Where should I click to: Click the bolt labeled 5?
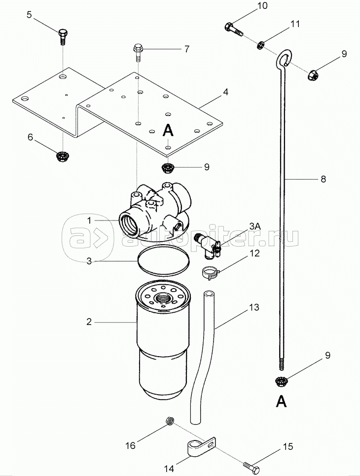(x=63, y=36)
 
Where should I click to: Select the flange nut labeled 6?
(x=62, y=156)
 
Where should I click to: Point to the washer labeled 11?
(x=261, y=45)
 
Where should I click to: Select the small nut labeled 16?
(x=170, y=421)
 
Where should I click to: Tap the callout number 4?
(x=225, y=92)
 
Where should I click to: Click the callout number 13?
(x=254, y=307)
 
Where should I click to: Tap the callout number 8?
(x=323, y=179)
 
